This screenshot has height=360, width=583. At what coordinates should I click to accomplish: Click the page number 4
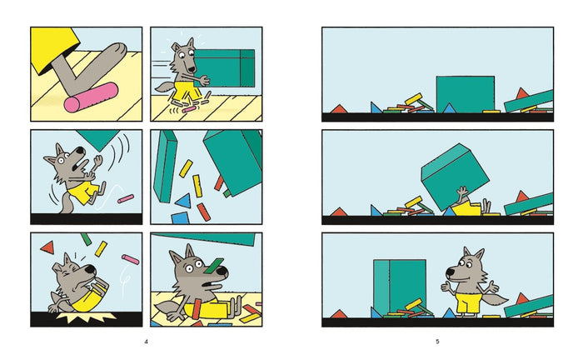(146, 342)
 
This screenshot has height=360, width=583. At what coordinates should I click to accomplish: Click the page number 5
(437, 342)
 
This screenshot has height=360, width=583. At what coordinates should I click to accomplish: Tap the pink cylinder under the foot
(91, 97)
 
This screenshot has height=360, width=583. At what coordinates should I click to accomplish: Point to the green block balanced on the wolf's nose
(214, 265)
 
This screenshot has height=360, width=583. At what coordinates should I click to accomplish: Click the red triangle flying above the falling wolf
(47, 247)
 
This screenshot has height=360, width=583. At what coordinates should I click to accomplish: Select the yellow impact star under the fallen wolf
(87, 316)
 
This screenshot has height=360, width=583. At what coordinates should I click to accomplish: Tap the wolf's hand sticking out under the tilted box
(462, 192)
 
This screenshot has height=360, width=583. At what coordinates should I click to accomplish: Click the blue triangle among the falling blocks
(184, 201)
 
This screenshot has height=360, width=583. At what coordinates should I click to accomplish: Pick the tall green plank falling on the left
(166, 167)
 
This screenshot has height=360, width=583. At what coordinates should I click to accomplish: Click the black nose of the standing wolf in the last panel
(450, 272)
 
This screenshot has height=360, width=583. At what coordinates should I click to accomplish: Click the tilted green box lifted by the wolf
(455, 177)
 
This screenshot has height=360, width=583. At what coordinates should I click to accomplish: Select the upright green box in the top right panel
(465, 94)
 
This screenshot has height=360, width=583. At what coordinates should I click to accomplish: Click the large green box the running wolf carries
(224, 68)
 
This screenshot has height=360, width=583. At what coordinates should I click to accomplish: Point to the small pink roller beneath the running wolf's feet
(189, 109)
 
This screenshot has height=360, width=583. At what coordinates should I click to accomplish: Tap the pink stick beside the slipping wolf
(126, 198)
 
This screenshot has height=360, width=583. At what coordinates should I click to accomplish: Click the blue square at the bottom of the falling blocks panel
(180, 218)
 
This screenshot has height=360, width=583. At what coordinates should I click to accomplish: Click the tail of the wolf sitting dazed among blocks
(167, 308)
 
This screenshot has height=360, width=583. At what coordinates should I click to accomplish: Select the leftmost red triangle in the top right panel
(339, 109)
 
